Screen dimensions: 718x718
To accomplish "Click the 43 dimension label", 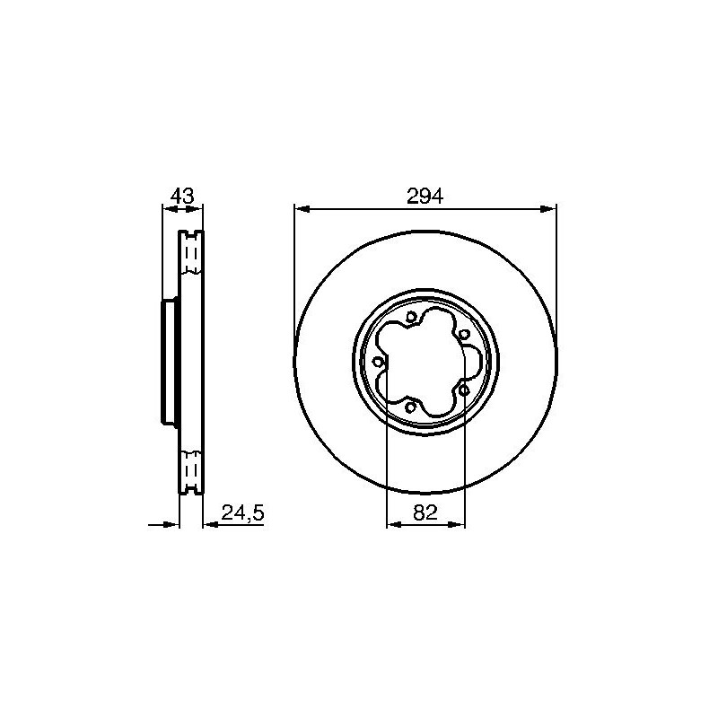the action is click(182, 196).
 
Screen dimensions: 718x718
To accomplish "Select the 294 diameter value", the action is click(425, 197).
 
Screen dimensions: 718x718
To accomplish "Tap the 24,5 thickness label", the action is click(242, 512).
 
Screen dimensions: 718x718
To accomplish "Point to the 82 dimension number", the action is click(425, 512).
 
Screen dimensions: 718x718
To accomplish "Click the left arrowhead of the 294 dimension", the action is click(302, 209).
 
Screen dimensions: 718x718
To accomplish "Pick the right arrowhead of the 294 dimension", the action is click(548, 209).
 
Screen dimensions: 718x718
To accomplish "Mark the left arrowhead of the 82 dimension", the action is click(395, 524).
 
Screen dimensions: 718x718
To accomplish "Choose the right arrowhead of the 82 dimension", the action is click(457, 524).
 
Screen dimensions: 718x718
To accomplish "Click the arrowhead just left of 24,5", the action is click(211, 524).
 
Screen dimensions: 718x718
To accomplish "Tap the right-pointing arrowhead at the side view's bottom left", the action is click(170, 524).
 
